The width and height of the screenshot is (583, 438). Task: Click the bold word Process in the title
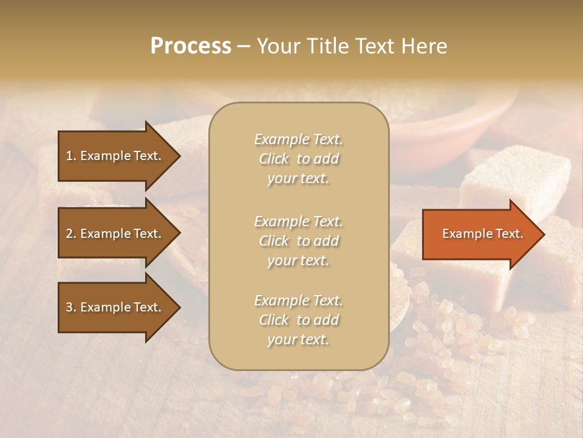pyautogui.click(x=191, y=46)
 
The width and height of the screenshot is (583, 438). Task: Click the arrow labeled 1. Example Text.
pyautogui.click(x=115, y=156)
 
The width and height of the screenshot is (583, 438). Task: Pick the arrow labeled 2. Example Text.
pyautogui.click(x=115, y=234)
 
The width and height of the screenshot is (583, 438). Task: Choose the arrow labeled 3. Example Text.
pyautogui.click(x=115, y=307)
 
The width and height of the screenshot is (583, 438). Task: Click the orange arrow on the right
pyautogui.click(x=480, y=234)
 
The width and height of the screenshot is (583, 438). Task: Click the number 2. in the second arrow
pyautogui.click(x=71, y=234)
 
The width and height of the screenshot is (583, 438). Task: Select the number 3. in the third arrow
pyautogui.click(x=71, y=307)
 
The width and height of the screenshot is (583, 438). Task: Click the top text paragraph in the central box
pyautogui.click(x=298, y=159)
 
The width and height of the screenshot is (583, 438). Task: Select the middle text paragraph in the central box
pyautogui.click(x=298, y=241)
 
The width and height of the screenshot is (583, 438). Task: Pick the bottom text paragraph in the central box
pyautogui.click(x=298, y=320)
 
